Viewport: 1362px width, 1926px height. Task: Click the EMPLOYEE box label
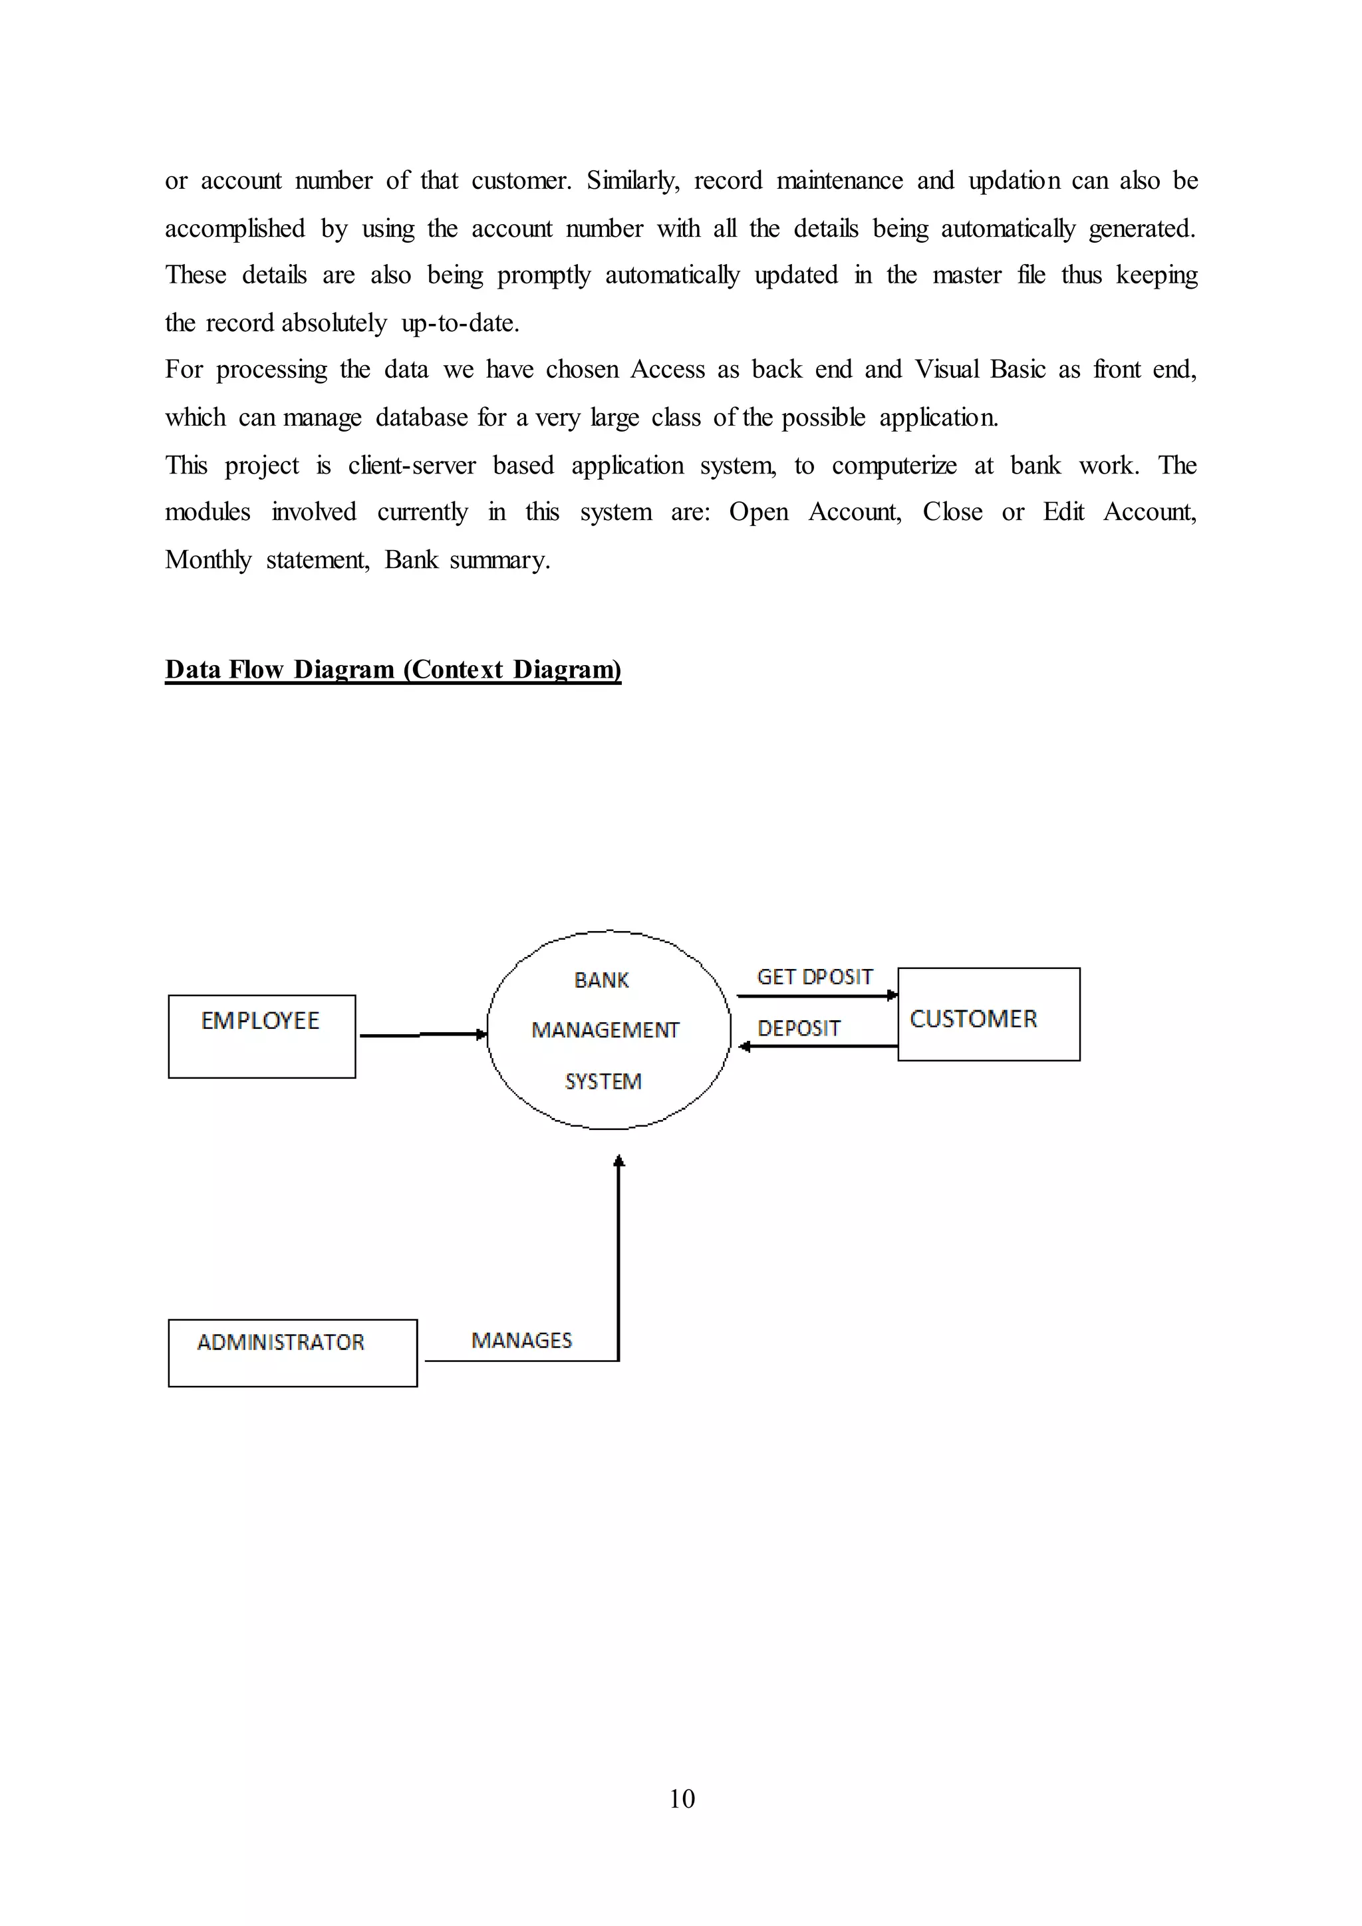tap(260, 1021)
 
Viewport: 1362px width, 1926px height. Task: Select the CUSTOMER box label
tap(973, 1020)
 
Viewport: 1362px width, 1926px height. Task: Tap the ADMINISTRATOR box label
tap(280, 1342)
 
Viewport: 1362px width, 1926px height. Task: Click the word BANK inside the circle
tap(601, 980)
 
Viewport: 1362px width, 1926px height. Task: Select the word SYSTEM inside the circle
tap(603, 1082)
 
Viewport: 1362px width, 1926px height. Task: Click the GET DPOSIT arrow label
tap(815, 977)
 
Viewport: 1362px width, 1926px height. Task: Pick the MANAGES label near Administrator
tap(521, 1341)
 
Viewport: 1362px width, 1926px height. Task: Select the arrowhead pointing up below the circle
tap(619, 1162)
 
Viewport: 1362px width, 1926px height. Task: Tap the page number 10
tap(682, 1798)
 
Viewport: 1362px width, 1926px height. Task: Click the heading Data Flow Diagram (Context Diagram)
tap(392, 670)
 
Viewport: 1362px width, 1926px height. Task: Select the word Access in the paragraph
tap(668, 369)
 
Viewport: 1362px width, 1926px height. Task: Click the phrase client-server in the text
tap(412, 466)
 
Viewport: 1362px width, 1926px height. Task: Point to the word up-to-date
tap(460, 323)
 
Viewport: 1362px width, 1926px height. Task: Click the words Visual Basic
tap(980, 369)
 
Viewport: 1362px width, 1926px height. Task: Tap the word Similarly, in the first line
tap(632, 180)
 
